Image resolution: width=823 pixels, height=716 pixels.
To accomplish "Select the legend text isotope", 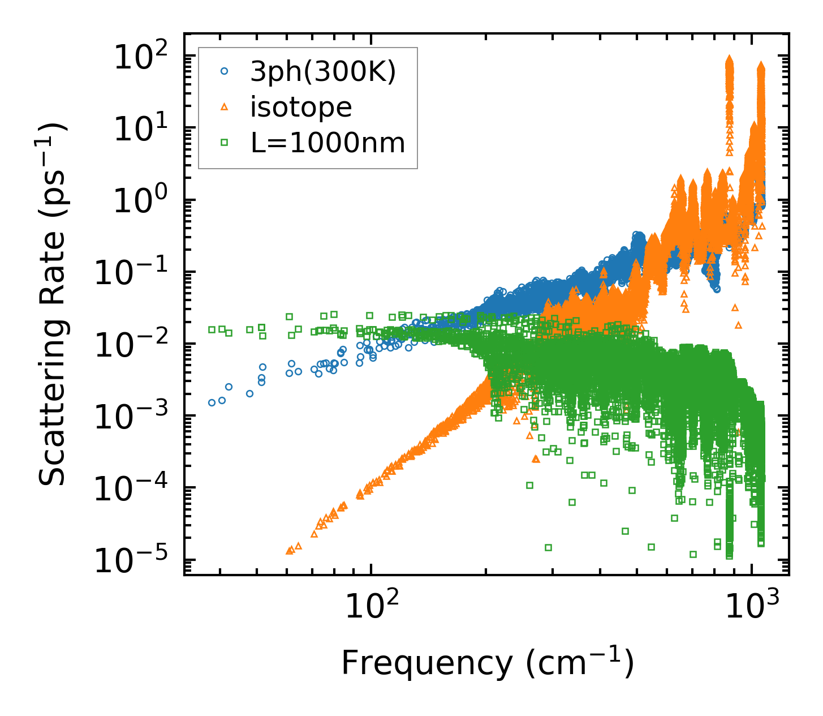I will click(301, 107).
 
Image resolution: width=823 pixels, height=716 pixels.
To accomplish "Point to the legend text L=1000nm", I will click(328, 143).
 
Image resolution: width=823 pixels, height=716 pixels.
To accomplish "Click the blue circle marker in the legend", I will click(225, 71).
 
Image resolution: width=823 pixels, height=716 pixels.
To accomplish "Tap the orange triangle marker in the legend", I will click(225, 107).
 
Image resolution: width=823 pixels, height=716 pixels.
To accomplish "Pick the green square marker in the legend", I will click(225, 143).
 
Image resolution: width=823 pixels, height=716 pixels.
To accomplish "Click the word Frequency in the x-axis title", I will click(425, 663).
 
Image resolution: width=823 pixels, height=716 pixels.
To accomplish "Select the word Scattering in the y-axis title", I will click(53, 408).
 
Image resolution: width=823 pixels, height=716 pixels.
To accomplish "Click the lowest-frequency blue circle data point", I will click(212, 402).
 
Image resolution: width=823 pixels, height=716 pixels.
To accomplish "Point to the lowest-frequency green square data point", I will click(212, 329).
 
